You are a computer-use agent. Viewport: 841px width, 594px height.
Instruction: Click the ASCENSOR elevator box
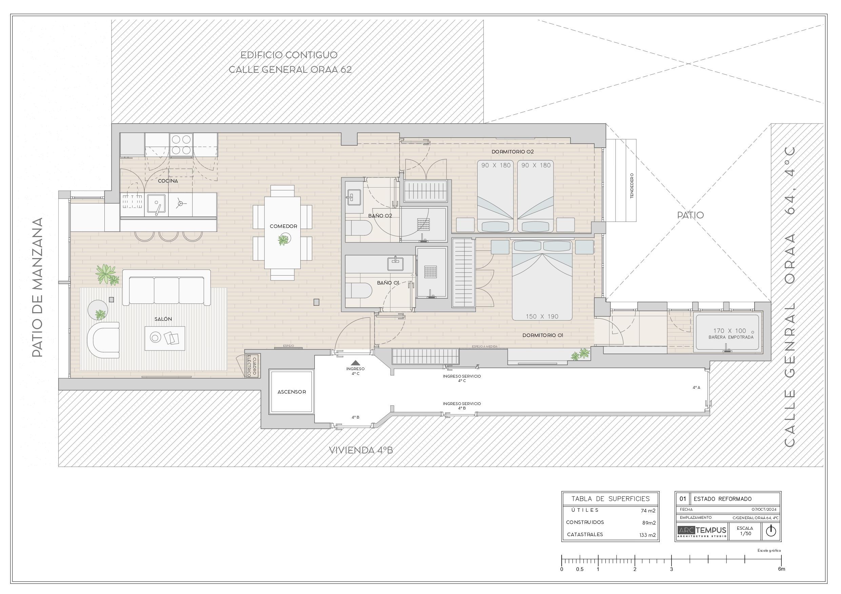[x=292, y=391]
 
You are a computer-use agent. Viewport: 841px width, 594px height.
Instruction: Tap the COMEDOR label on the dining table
[x=283, y=226]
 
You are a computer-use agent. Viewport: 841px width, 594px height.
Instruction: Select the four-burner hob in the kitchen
[x=181, y=145]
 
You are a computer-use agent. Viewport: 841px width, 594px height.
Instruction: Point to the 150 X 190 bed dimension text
[x=542, y=317]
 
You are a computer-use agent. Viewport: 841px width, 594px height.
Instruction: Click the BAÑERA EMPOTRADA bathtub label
[x=731, y=337]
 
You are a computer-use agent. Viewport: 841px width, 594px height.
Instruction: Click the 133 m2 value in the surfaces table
[x=647, y=535]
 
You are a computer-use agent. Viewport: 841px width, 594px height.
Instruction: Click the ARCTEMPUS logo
[x=701, y=531]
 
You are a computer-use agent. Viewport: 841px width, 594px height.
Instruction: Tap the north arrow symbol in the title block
[x=771, y=531]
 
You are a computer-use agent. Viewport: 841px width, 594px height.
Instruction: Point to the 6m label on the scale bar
[x=781, y=569]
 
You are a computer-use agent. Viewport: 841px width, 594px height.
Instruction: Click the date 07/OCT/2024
[x=764, y=509]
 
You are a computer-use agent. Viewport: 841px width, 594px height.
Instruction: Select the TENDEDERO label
[x=632, y=186]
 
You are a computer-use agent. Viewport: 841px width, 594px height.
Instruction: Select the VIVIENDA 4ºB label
[x=361, y=450]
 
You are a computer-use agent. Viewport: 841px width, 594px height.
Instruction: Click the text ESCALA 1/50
[x=745, y=531]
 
